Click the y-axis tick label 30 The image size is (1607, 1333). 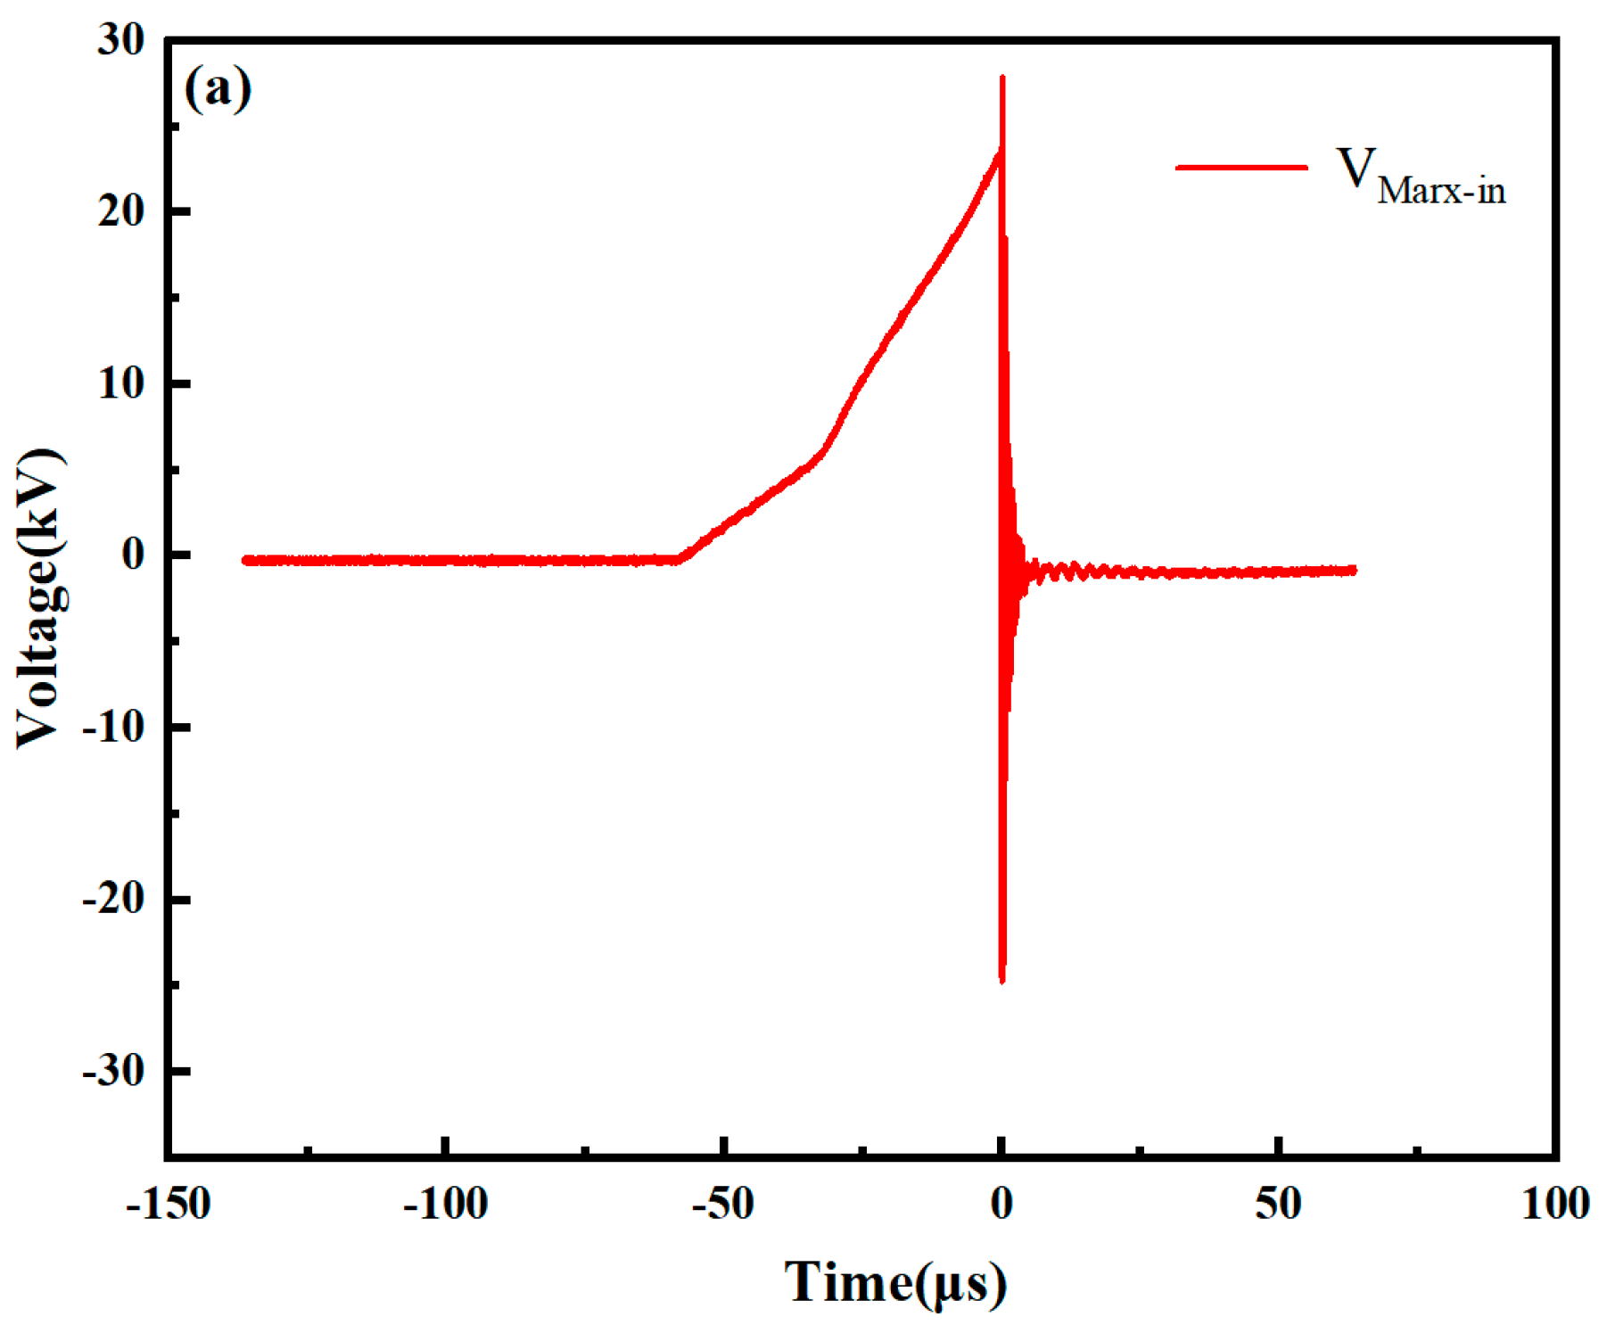click(121, 41)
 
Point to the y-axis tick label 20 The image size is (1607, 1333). click(121, 212)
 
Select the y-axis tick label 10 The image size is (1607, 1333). click(121, 384)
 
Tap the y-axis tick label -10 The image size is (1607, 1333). click(113, 728)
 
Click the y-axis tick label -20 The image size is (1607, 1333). click(113, 899)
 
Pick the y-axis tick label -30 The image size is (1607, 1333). click(113, 1070)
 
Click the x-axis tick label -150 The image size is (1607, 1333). click(169, 1205)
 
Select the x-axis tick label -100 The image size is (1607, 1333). click(446, 1205)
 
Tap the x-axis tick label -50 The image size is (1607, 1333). click(723, 1205)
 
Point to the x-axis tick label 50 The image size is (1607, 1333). click(1279, 1205)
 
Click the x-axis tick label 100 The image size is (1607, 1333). click(1556, 1205)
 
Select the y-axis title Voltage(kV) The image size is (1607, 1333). click(40, 598)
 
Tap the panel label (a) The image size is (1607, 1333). click(218, 88)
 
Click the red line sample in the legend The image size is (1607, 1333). click(1241, 167)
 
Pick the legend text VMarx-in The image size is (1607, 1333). click(1421, 177)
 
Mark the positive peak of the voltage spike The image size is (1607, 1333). click(1002, 78)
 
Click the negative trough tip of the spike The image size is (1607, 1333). click(1002, 982)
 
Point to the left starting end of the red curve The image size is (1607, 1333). click(244, 560)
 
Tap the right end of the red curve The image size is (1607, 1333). click(1355, 570)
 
